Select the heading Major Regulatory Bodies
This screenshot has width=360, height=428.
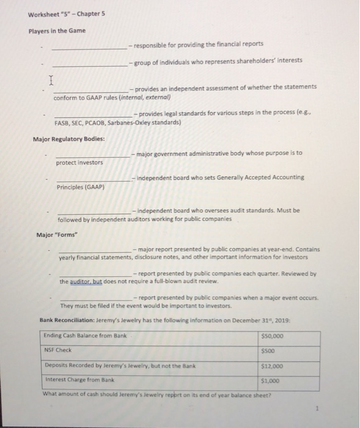pos(68,139)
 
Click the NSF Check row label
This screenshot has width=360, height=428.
pos(59,350)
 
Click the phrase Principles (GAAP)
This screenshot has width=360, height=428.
pos(81,186)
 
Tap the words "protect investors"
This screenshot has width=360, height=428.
pos(79,162)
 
